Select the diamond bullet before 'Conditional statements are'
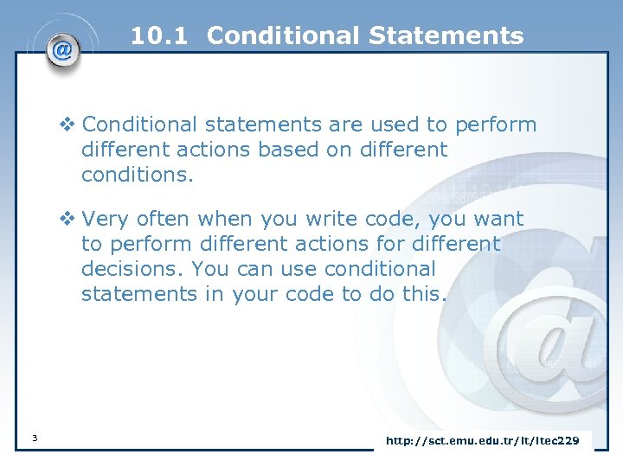click(x=67, y=125)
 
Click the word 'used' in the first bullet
click(x=388, y=125)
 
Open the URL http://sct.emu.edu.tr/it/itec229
click(x=482, y=441)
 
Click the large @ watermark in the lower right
click(x=554, y=329)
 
